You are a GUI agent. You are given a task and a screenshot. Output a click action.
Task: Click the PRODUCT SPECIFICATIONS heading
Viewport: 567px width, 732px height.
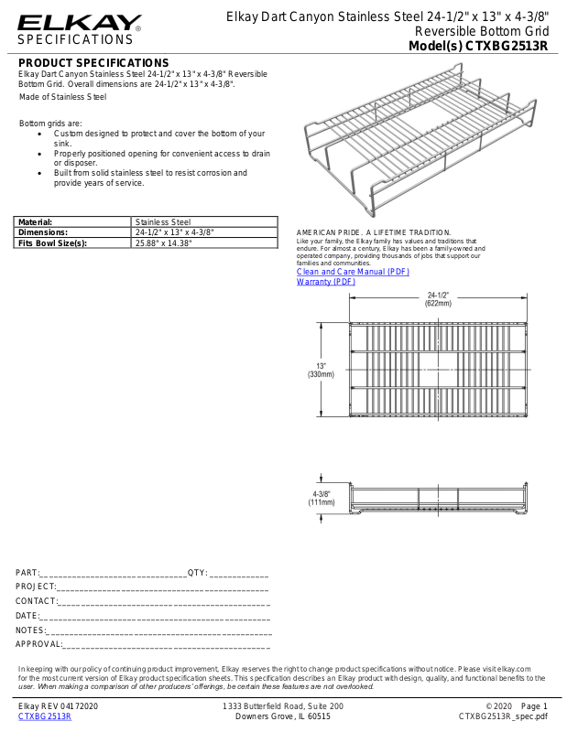pyautogui.click(x=94, y=62)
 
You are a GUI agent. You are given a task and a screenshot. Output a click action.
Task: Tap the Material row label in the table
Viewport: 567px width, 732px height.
pyautogui.click(x=36, y=221)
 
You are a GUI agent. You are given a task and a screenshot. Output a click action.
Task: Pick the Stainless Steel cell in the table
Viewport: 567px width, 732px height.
pyautogui.click(x=162, y=221)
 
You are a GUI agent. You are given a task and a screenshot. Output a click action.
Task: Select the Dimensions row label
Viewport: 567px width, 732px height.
pyautogui.click(x=43, y=232)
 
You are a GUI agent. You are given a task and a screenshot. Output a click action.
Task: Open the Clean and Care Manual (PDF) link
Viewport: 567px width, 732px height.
pyautogui.click(x=353, y=273)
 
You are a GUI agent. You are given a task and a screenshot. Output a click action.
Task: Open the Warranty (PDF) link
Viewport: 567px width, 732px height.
pyautogui.click(x=326, y=282)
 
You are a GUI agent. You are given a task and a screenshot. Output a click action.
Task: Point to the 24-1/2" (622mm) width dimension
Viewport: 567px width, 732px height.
pyautogui.click(x=438, y=299)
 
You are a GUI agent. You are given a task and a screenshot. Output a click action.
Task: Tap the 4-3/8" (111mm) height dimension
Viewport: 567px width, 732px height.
pyautogui.click(x=321, y=498)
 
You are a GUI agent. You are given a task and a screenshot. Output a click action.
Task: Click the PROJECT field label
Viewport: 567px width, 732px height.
pyautogui.click(x=36, y=586)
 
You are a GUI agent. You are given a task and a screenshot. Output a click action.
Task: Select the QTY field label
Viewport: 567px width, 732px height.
pyautogui.click(x=197, y=573)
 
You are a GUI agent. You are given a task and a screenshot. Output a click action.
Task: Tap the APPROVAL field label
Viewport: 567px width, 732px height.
pyautogui.click(x=39, y=644)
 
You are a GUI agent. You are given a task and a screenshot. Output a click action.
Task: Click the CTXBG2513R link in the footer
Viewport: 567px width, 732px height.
pyautogui.click(x=45, y=716)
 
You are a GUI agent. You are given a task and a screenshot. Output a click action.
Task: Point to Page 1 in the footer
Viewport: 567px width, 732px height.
pyautogui.click(x=533, y=706)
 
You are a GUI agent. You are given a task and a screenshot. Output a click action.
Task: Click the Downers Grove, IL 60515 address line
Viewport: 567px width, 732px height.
pyautogui.click(x=283, y=716)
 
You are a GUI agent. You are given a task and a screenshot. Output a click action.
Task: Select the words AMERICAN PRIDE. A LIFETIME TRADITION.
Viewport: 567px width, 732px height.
pyautogui.click(x=374, y=233)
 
